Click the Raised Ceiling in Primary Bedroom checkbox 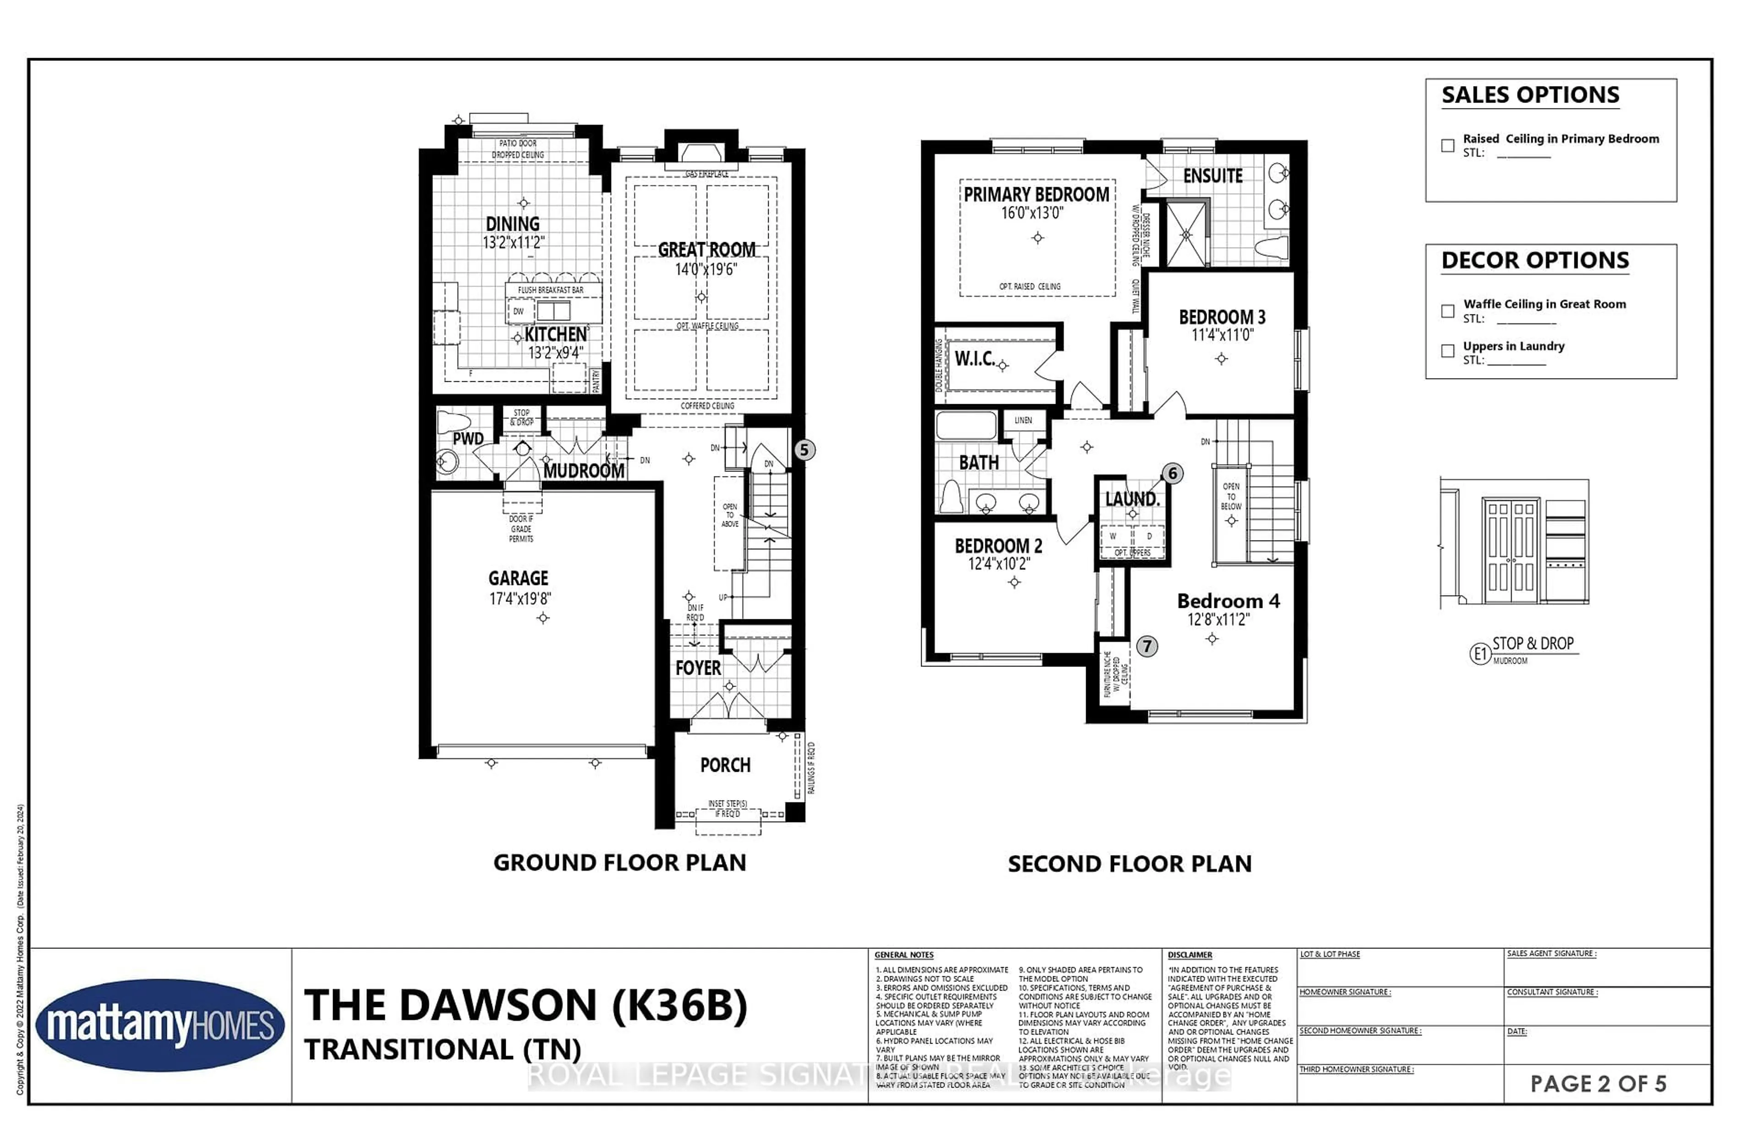[1447, 146]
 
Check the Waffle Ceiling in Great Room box [1447, 311]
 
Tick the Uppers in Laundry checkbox [1447, 351]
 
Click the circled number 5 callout [804, 449]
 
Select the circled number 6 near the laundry [1172, 473]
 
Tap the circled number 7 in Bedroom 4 [1147, 646]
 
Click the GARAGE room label [518, 578]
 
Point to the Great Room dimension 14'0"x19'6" [705, 270]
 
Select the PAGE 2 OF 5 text [1597, 1083]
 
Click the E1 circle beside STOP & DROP [1480, 653]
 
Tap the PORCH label [725, 765]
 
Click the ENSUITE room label [1213, 176]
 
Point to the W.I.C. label [974, 359]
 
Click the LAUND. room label [1132, 499]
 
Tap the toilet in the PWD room [453, 422]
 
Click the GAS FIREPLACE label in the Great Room [706, 173]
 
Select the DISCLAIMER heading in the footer [1190, 955]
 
